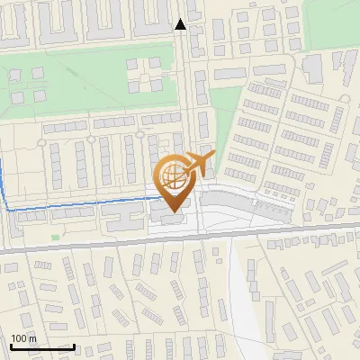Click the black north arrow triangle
point(181,24)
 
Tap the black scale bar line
point(42,346)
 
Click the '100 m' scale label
point(22,338)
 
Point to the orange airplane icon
point(197,166)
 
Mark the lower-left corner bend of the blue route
point(8,209)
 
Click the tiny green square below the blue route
point(56,238)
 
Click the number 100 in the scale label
point(19,338)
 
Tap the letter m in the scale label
point(32,339)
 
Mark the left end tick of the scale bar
point(11,345)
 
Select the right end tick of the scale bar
point(74,345)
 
